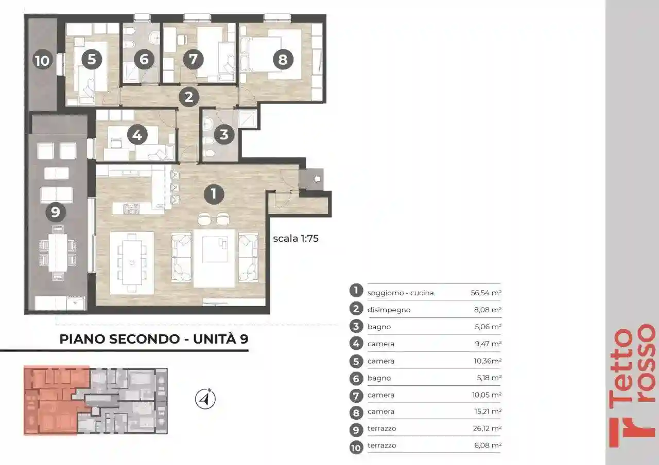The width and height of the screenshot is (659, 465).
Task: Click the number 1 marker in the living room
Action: tap(214, 194)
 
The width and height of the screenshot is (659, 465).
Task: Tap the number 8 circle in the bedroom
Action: tap(283, 59)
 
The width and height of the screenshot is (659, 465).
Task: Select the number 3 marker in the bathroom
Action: tap(224, 135)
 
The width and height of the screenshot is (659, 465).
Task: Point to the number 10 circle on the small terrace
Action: tap(42, 61)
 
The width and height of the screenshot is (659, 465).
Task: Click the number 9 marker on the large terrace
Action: tap(56, 212)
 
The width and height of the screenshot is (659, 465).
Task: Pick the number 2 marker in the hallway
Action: tap(189, 97)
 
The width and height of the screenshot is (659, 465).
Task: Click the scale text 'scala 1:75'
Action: tap(296, 238)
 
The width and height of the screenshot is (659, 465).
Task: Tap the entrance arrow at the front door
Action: tap(317, 178)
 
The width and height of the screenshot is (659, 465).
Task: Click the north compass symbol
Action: tap(205, 399)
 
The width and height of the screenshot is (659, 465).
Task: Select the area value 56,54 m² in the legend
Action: tap(486, 293)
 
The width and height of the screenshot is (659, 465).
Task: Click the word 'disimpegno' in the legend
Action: tap(389, 310)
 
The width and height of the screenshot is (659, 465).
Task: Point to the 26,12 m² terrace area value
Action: tap(487, 428)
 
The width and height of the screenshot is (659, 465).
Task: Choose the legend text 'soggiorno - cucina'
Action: tap(401, 293)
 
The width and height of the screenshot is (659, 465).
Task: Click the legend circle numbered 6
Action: tap(356, 378)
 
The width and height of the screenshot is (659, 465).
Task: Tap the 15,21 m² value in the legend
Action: tap(488, 411)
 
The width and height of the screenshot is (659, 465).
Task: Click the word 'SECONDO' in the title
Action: tap(145, 339)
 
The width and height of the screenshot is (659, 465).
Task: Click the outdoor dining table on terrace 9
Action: tap(58, 253)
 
